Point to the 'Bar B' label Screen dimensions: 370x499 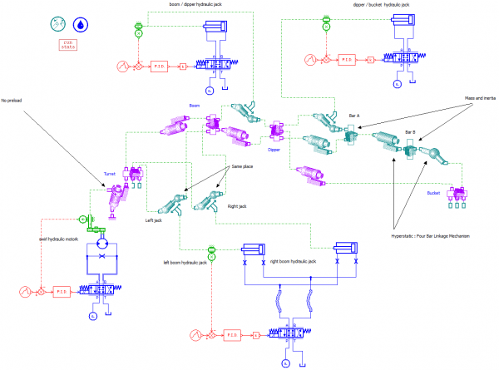[410, 132]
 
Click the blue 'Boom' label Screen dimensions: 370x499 [195, 106]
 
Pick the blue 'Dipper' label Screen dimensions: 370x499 [274, 150]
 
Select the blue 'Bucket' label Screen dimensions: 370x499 [432, 193]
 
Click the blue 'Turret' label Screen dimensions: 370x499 [109, 174]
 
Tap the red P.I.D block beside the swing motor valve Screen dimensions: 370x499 [62, 291]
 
